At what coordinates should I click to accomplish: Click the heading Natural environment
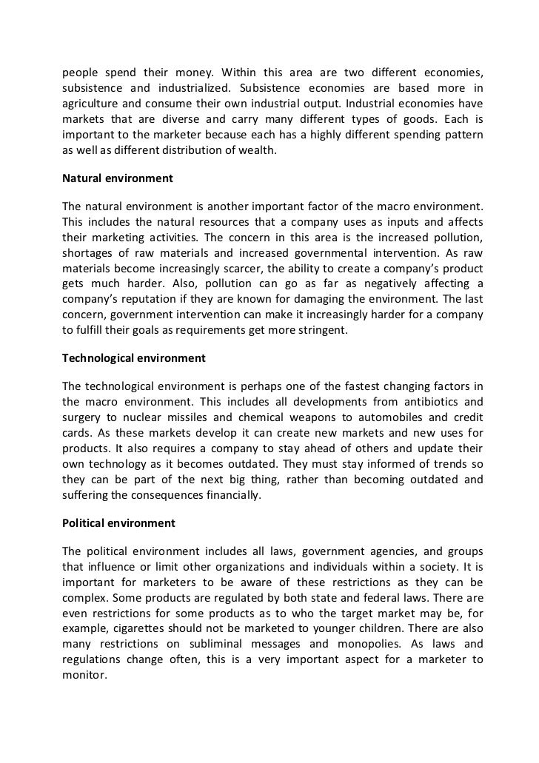coord(117,178)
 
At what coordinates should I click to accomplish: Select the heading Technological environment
coord(133,357)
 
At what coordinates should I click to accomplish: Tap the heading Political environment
coord(118,522)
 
